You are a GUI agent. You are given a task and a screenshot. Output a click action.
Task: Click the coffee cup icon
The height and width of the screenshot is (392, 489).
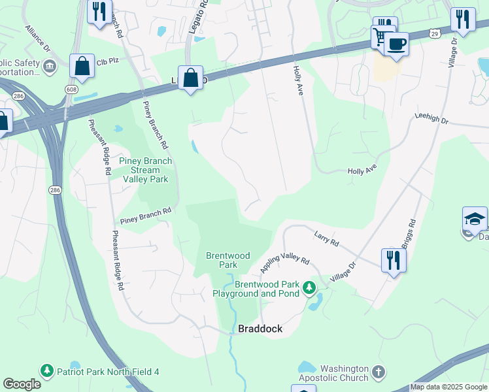[x=396, y=44]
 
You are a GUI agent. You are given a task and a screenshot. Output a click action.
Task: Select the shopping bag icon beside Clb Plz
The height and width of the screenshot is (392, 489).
[x=82, y=66]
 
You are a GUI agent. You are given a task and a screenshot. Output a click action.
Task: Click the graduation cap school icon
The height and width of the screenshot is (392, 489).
[x=475, y=219]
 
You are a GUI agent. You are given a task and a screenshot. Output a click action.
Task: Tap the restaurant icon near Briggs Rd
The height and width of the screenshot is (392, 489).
[x=394, y=260]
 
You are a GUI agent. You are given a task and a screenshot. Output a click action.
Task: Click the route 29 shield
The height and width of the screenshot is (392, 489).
[x=434, y=32]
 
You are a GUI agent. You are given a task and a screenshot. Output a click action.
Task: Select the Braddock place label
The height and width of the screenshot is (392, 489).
[x=260, y=329]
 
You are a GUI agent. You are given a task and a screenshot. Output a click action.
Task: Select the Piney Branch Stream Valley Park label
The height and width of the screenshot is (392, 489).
[x=145, y=170]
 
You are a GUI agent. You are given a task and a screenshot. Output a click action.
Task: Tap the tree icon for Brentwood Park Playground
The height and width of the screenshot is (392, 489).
[x=309, y=287]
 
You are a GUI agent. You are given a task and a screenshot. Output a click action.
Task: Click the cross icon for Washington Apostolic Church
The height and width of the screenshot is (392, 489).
[x=379, y=373]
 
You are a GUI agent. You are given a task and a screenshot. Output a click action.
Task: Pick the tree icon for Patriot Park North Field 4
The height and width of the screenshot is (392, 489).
[x=46, y=371]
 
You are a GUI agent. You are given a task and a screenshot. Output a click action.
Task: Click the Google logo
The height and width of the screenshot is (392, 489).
[x=22, y=384]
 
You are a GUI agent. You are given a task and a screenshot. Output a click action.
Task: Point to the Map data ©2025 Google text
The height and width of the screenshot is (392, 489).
[x=448, y=387]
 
